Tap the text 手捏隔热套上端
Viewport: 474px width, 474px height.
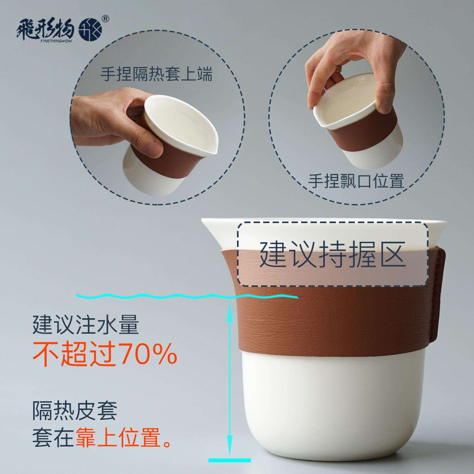pos(156,74)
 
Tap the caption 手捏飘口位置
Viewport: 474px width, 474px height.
pos(356,181)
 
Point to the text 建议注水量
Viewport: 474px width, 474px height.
pos(86,325)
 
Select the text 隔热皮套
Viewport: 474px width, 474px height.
pos(75,411)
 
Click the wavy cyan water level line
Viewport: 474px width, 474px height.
pos(186,296)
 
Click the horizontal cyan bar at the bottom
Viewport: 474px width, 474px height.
pos(230,460)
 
